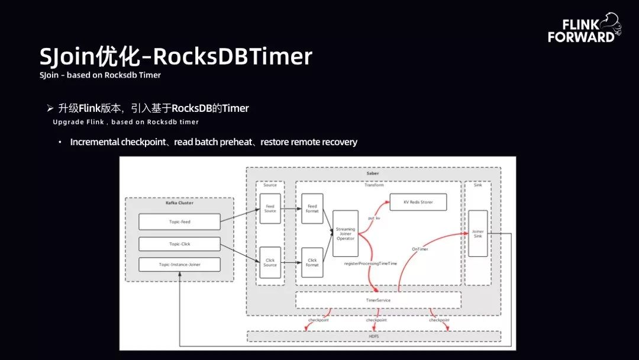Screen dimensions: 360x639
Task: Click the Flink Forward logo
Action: coord(583,30)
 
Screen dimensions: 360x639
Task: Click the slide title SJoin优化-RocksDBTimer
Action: coord(176,57)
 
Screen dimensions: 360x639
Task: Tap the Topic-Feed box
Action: coord(179,222)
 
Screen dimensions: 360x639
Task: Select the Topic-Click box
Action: coord(179,244)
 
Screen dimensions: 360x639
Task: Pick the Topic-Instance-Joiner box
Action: coord(179,265)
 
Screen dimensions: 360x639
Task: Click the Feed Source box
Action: coord(270,208)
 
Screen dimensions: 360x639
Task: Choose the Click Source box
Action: coord(270,262)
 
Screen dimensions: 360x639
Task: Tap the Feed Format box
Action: coord(312,208)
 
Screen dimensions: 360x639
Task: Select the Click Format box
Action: coord(312,262)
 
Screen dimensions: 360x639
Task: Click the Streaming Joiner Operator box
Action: coord(346,233)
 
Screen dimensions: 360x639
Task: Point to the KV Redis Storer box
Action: coord(418,202)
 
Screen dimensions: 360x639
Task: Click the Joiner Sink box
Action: coord(478,233)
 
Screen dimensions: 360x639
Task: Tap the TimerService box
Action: coord(378,300)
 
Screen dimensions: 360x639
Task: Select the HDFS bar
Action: coord(373,336)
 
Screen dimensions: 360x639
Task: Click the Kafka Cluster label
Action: coord(179,203)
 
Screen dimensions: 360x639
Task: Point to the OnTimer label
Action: coord(419,249)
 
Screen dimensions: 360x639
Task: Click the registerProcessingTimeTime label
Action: coord(370,263)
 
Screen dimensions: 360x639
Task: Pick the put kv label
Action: coord(374,218)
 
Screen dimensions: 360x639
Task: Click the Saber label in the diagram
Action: coord(373,173)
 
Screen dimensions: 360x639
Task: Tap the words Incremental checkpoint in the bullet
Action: coord(118,142)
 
